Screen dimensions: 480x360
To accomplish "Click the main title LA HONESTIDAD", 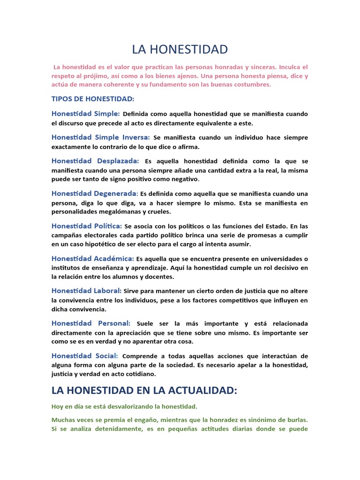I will (x=180, y=49).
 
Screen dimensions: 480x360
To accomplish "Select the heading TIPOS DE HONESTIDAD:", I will (x=93, y=98).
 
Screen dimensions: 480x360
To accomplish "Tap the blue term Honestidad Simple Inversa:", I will (x=101, y=137).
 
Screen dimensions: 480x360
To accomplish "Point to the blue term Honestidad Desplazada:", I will (x=95, y=161).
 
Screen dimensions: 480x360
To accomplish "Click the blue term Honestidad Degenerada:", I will (x=95, y=194).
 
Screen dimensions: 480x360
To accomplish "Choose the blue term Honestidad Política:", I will (x=87, y=226).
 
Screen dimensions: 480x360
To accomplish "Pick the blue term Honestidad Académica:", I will (x=93, y=258).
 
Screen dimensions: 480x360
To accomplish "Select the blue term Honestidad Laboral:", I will (x=87, y=291).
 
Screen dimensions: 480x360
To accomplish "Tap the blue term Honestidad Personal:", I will (x=91, y=323).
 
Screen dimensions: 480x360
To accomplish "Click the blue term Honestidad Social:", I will (x=85, y=356).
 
